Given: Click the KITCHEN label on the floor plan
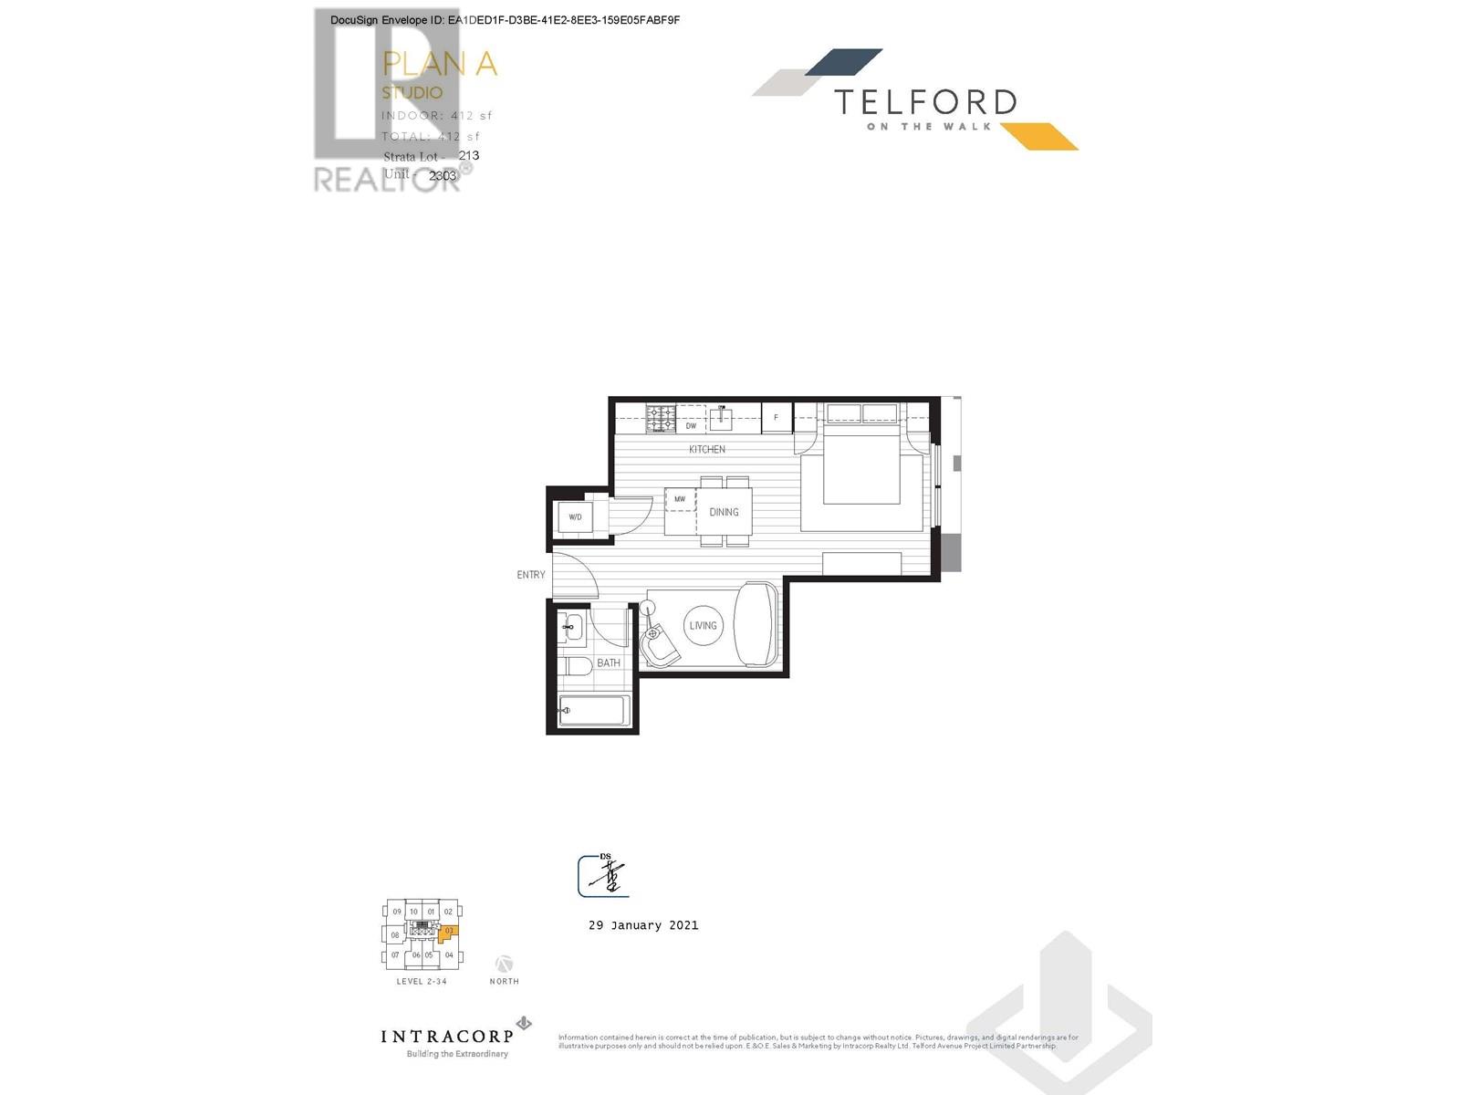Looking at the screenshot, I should coord(707,449).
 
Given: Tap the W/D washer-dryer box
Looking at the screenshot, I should coord(575,516).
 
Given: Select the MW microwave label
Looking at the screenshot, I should coord(680,499).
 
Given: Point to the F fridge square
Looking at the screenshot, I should coord(777,417).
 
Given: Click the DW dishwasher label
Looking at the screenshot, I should coord(691,425).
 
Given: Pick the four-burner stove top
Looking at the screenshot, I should coord(661,419).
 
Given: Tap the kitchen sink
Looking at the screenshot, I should coord(722,419).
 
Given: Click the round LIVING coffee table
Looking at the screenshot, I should coord(704,626).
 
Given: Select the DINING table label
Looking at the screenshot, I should coord(725,512).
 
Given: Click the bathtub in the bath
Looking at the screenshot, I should coord(594,711).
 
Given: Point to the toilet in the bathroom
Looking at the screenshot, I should coord(577,666).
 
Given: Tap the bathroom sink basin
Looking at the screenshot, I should coord(572,627).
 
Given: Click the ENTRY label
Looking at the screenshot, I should coord(531,575).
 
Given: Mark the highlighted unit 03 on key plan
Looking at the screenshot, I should coord(449,932).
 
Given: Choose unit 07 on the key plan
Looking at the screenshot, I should coord(395,955).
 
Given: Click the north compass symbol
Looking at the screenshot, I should coord(504,964).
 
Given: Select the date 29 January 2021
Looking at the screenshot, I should coord(643,925).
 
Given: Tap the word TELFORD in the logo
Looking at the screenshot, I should coord(925,102).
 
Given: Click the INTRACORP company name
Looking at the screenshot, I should coord(446,1036).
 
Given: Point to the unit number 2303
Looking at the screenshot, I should coord(443,175).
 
